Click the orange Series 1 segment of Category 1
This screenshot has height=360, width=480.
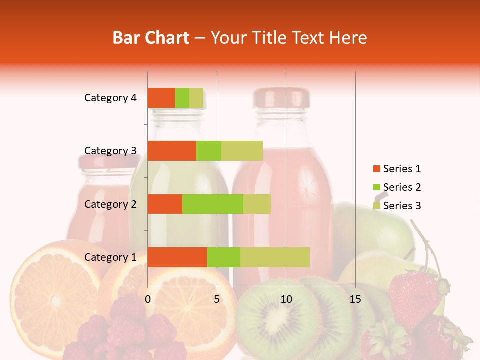coord(177,257)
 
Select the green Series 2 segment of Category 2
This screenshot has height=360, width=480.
coord(213,204)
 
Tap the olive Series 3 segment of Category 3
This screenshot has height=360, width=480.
coord(242,151)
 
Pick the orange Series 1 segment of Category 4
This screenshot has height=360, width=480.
coord(161,98)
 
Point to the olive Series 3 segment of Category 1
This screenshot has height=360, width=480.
coord(275,257)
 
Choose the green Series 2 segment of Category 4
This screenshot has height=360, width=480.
coord(182,98)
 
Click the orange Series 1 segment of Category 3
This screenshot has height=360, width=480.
coord(172,151)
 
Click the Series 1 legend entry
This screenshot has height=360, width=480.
coord(397,169)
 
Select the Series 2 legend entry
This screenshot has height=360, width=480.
coord(397,187)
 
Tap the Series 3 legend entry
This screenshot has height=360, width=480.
coord(397,206)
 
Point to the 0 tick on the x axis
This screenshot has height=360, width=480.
coord(148,299)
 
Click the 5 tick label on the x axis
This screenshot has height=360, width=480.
coord(217,299)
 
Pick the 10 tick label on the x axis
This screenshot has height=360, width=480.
coord(286,299)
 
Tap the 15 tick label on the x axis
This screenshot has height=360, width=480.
coord(355,299)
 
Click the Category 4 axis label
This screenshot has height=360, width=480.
coord(110,98)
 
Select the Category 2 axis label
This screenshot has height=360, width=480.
coord(110,204)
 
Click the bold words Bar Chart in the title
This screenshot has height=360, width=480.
coord(151,38)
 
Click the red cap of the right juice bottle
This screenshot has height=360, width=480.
coord(281,97)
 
